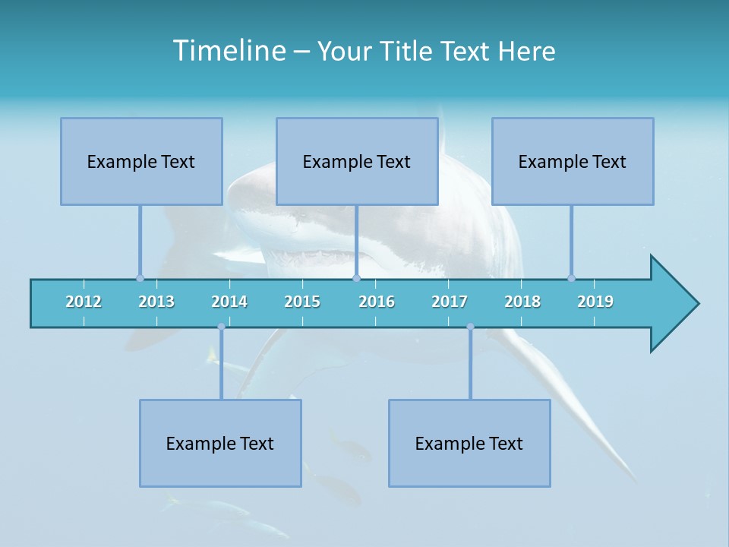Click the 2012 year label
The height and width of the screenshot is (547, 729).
pyautogui.click(x=84, y=302)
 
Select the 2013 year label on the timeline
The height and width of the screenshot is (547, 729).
pyautogui.click(x=156, y=302)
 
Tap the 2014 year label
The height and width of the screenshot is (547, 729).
pyautogui.click(x=229, y=302)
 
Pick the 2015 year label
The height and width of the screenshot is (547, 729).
pyautogui.click(x=302, y=302)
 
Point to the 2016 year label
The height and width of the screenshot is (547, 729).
pyautogui.click(x=377, y=302)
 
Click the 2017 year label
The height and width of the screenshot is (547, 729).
pyautogui.click(x=450, y=302)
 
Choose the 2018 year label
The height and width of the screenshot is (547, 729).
pyautogui.click(x=522, y=302)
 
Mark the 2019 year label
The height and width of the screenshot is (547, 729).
pyautogui.click(x=595, y=302)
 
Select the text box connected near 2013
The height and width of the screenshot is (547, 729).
pyautogui.click(x=141, y=161)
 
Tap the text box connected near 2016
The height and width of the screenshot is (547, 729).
pyautogui.click(x=357, y=161)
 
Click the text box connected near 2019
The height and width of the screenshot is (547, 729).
pyautogui.click(x=573, y=161)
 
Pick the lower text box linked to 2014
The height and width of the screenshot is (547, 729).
pyautogui.click(x=220, y=443)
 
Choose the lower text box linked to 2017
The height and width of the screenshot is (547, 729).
pyautogui.click(x=469, y=443)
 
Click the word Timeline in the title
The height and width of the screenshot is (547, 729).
pyautogui.click(x=228, y=51)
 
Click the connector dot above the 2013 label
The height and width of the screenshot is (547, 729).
pyautogui.click(x=140, y=278)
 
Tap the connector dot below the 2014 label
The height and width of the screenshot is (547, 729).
pyautogui.click(x=221, y=327)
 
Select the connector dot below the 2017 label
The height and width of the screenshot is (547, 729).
pyautogui.click(x=470, y=327)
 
